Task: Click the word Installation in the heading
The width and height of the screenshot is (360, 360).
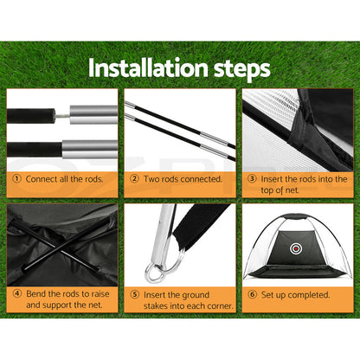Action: [148, 67]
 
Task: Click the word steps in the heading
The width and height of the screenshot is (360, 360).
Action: [242, 69]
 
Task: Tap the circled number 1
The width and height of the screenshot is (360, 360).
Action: [16, 178]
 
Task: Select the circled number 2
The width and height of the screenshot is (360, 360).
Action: [134, 178]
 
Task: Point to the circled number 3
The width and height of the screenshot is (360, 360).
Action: [252, 178]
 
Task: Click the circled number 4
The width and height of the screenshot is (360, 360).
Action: [17, 293]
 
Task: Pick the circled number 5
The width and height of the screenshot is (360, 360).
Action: [135, 294]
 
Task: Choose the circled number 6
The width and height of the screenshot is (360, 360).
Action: [253, 294]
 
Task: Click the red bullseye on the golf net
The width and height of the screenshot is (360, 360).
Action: [296, 248]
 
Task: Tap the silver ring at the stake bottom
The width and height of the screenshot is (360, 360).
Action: [155, 273]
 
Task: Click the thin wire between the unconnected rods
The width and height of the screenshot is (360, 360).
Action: [62, 115]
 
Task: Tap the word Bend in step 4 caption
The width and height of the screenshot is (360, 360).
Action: [36, 294]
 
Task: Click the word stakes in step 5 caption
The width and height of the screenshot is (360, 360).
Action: [156, 305]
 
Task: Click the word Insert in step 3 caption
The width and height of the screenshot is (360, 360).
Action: [272, 179]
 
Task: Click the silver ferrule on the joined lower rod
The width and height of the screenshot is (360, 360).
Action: [90, 149]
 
